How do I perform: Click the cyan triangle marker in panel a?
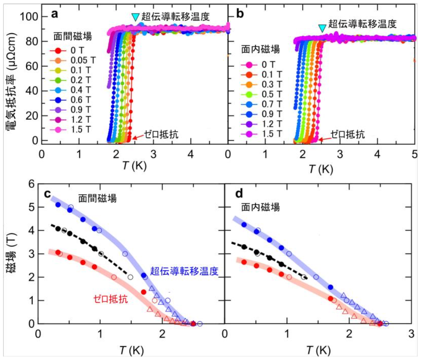(x=135, y=17)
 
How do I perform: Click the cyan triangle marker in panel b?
(x=322, y=28)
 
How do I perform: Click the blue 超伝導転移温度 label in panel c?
(x=184, y=271)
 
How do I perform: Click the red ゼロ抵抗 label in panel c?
(x=111, y=300)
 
